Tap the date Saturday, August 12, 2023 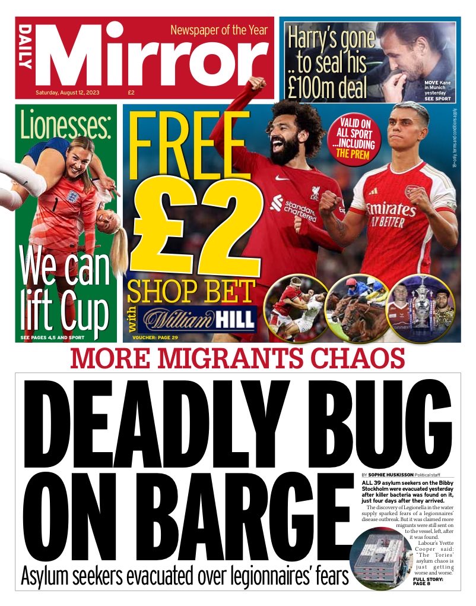77,93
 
